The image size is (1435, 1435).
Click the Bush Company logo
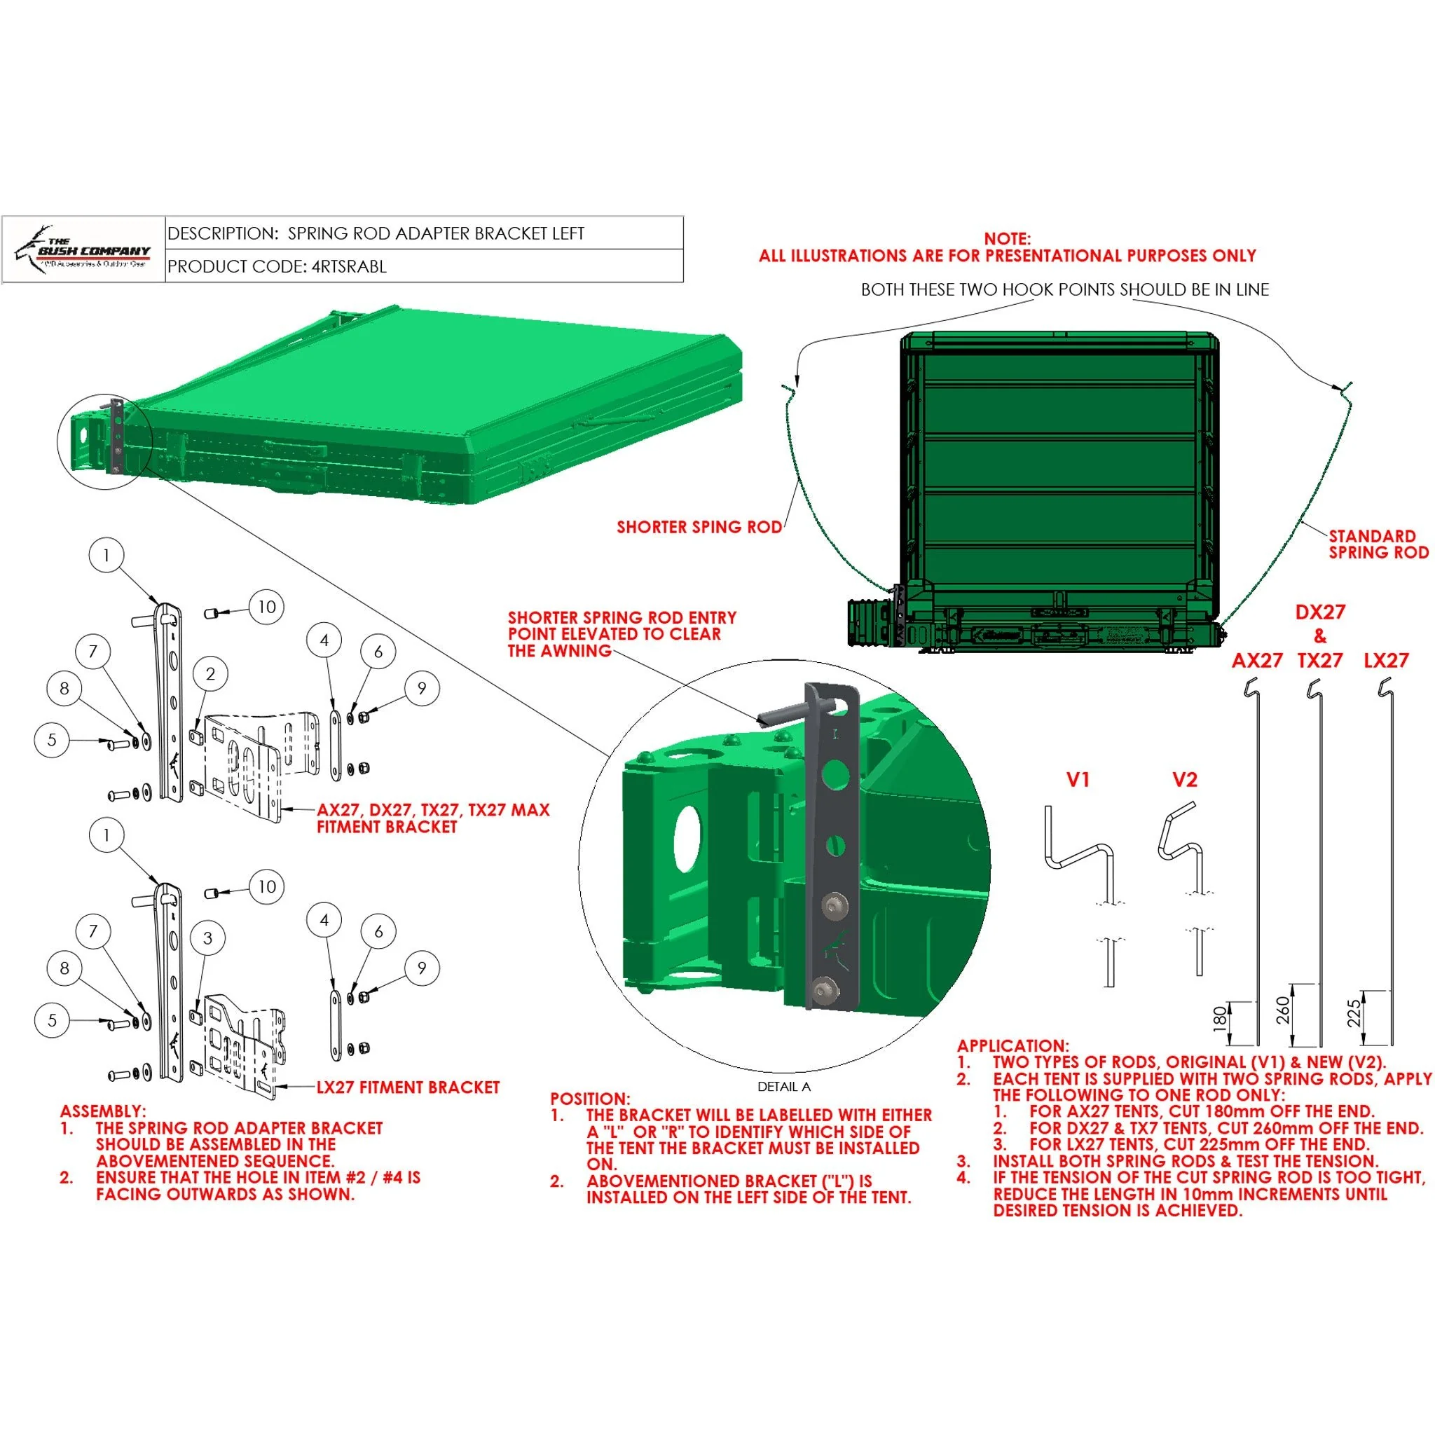83,249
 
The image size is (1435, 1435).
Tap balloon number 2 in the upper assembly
210,673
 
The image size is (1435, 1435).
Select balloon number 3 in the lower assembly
208,938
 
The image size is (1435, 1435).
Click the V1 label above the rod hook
1077,780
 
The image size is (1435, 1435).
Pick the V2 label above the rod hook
1184,780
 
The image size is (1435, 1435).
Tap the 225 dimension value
1353,1013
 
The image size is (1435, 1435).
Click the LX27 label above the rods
1386,660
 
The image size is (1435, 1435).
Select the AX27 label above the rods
1257,660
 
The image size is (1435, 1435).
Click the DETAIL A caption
783,1087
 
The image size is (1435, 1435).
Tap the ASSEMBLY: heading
103,1111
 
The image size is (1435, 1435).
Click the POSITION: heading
590,1099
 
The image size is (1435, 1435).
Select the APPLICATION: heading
1012,1046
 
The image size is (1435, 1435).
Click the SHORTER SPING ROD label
699,527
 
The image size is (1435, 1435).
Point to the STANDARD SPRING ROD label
1378,544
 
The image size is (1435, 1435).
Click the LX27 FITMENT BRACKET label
408,1087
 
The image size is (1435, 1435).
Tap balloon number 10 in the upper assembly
267,607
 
